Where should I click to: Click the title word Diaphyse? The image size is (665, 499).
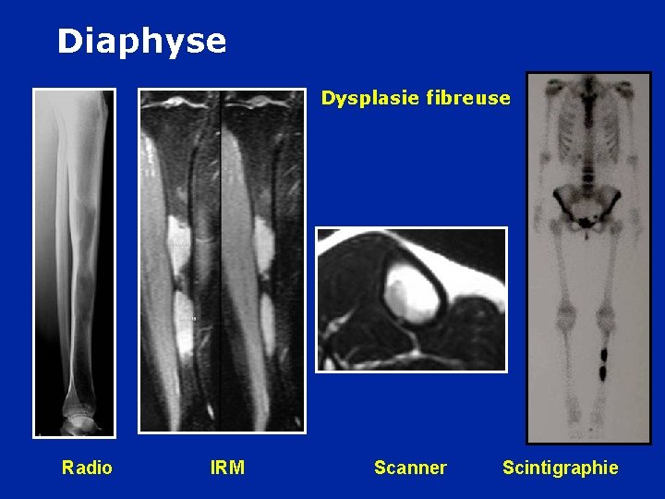pos(141,42)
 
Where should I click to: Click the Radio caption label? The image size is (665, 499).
pos(87,468)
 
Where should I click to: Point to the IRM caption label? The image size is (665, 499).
pos(227,468)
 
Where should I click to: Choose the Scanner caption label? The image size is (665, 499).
pos(410,468)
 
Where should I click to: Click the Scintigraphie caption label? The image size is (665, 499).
pos(561,468)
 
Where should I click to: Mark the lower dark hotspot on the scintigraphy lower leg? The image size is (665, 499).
pos(603,373)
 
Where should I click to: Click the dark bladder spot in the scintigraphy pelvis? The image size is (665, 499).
pos(585,223)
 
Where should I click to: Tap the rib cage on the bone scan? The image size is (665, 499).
pos(584,129)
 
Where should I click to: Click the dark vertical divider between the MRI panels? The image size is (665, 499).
pos(222,259)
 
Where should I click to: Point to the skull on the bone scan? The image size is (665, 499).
pos(584,87)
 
